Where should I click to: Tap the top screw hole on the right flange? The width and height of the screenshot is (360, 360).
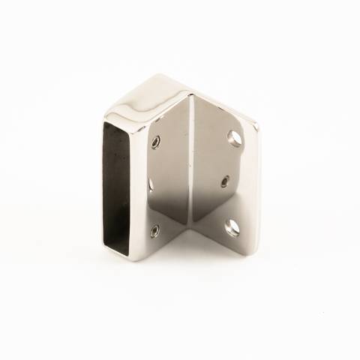[232, 137]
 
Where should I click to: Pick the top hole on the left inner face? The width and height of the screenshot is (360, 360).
[155, 142]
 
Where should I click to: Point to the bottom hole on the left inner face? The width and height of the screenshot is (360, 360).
[154, 231]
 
